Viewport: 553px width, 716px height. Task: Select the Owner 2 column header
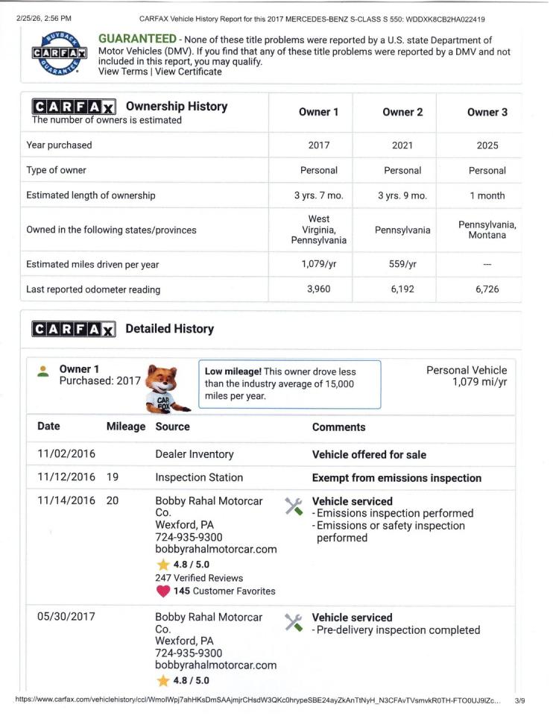click(402, 112)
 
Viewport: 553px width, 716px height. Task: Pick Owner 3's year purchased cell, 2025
click(487, 145)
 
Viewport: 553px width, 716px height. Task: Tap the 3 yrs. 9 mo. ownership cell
click(402, 195)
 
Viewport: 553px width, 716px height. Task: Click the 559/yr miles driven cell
click(402, 264)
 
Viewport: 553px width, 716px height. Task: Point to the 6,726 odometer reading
click(487, 289)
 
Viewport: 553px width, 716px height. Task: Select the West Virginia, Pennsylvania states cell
click(318, 230)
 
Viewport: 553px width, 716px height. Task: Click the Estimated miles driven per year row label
click(92, 264)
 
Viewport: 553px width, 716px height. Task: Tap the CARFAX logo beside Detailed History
click(73, 329)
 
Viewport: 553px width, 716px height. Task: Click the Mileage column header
click(125, 427)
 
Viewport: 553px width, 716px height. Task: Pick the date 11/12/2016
click(66, 477)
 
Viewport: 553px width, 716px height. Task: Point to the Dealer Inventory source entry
click(194, 454)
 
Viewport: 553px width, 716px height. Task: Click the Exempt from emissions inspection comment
click(396, 477)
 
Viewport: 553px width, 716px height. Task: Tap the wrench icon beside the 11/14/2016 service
click(293, 506)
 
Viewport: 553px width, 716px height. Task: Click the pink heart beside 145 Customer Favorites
click(162, 591)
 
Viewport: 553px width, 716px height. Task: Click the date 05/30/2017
click(66, 617)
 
